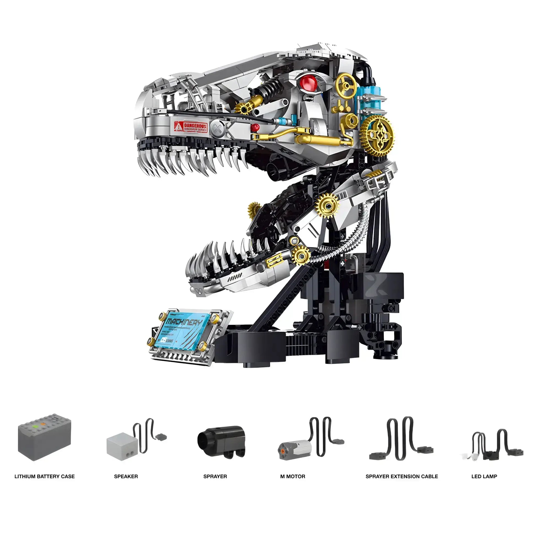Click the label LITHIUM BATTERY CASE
44,477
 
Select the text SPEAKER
126,477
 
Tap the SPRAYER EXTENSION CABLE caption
401,477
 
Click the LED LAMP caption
484,477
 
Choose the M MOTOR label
293,477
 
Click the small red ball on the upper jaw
255,127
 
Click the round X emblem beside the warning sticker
216,128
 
